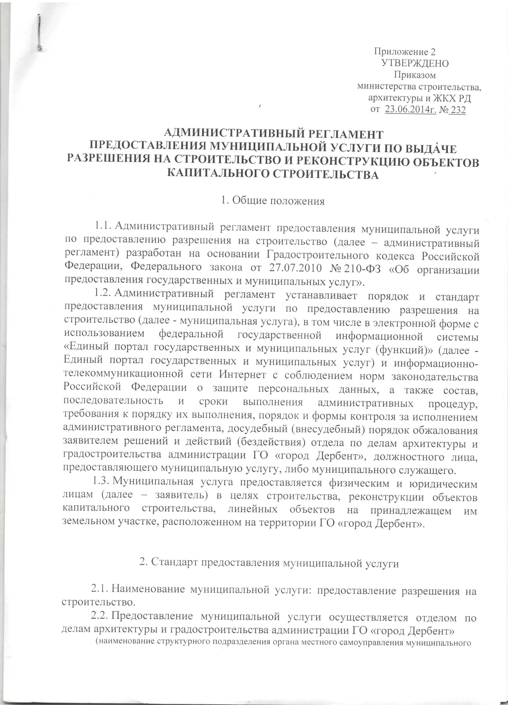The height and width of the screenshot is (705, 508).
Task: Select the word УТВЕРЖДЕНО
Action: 415,63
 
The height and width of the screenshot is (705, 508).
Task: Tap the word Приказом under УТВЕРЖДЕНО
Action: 415,75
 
